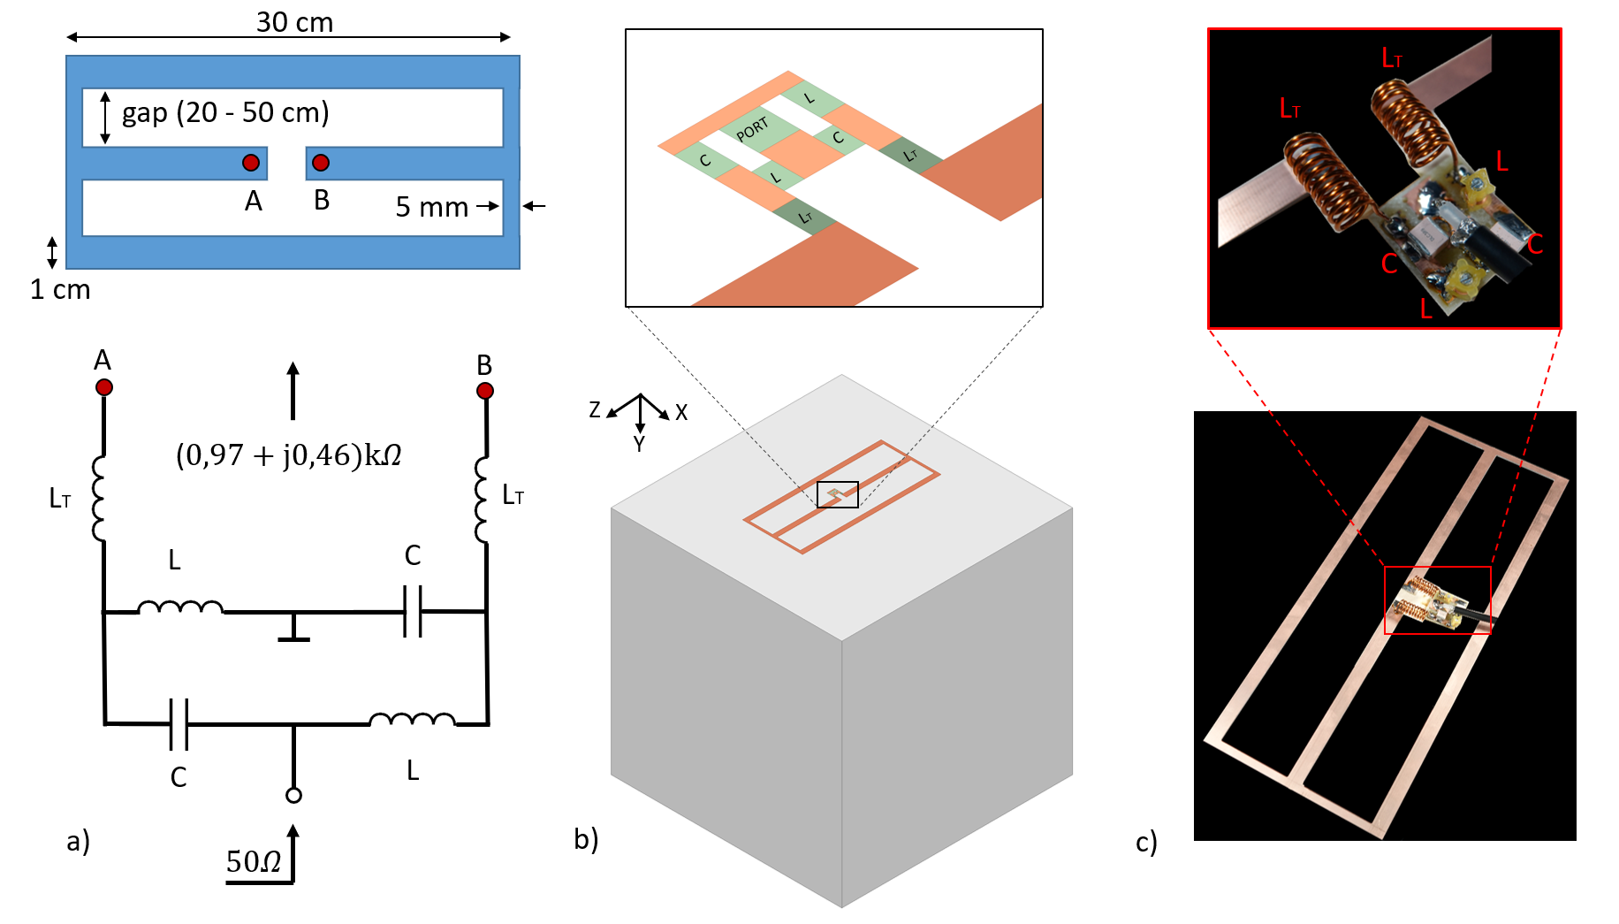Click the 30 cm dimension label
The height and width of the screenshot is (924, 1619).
click(x=294, y=22)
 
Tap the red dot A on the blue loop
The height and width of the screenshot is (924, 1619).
click(x=251, y=163)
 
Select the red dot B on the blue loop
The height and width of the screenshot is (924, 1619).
click(x=321, y=163)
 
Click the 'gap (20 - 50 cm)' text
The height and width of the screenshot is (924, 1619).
click(x=225, y=113)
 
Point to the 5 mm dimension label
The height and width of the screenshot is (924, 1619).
click(x=431, y=207)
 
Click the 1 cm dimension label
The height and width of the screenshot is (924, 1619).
click(x=60, y=290)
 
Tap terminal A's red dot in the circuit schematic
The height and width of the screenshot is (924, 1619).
click(x=104, y=387)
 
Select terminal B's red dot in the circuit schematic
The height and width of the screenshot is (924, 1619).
click(x=485, y=391)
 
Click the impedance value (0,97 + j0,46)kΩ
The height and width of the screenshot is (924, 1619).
click(x=289, y=455)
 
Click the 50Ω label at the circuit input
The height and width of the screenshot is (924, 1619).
click(x=254, y=861)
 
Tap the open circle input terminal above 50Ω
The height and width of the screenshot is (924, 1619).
click(x=294, y=795)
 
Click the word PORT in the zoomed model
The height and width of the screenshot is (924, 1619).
click(x=752, y=130)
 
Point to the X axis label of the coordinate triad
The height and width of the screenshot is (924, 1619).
click(x=681, y=413)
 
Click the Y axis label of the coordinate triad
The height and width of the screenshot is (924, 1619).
click(x=639, y=444)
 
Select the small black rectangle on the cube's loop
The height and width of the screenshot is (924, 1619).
click(x=837, y=494)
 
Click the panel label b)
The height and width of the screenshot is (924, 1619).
click(x=586, y=838)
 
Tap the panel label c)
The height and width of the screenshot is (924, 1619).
click(x=1146, y=842)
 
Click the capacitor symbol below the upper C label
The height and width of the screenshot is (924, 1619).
click(x=412, y=611)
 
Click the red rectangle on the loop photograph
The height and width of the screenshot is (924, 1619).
click(x=1437, y=600)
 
